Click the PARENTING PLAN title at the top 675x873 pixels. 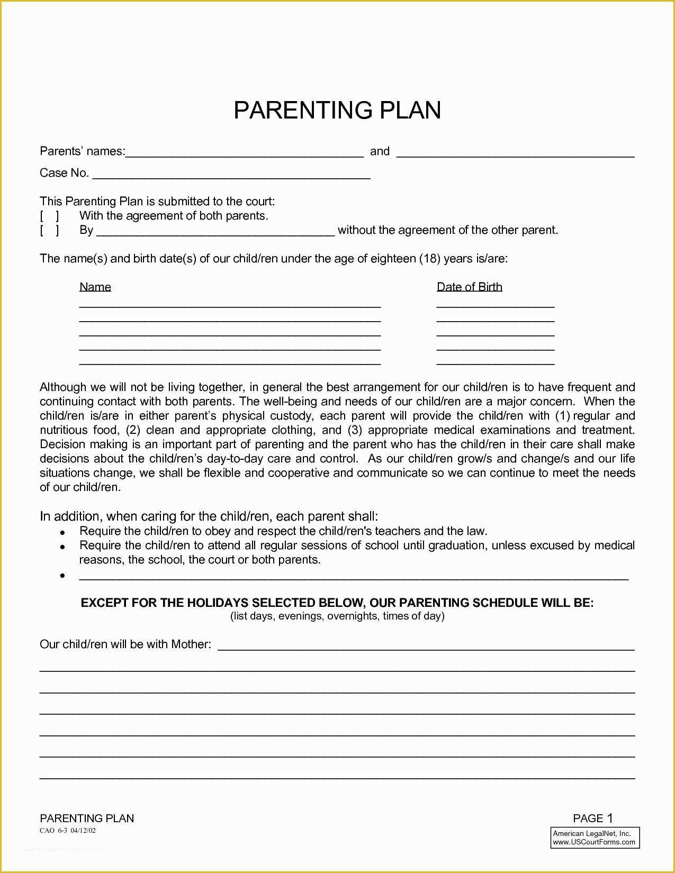click(x=337, y=110)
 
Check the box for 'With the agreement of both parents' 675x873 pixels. click(x=49, y=216)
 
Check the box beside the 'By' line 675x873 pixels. click(x=49, y=230)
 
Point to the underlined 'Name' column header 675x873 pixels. click(x=95, y=287)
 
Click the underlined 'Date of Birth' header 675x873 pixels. click(x=469, y=287)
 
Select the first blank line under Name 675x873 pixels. click(x=230, y=306)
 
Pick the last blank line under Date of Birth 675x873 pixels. click(x=496, y=363)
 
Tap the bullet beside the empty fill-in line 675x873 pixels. click(x=62, y=576)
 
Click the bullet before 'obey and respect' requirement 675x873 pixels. click(x=62, y=532)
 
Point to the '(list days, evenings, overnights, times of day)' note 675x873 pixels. click(x=337, y=616)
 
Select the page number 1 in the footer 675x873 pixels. click(x=610, y=818)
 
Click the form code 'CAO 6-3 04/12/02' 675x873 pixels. click(x=68, y=830)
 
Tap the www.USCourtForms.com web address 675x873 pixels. click(x=594, y=842)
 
